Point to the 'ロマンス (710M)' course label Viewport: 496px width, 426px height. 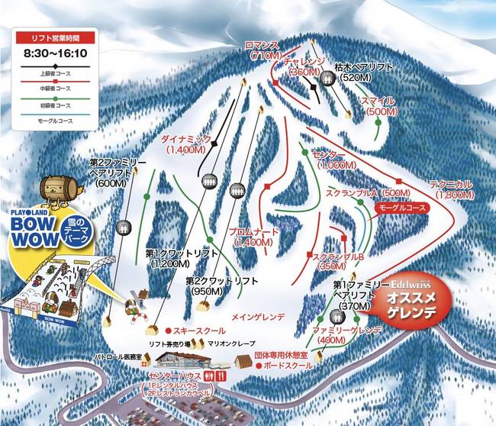tap(263, 50)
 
